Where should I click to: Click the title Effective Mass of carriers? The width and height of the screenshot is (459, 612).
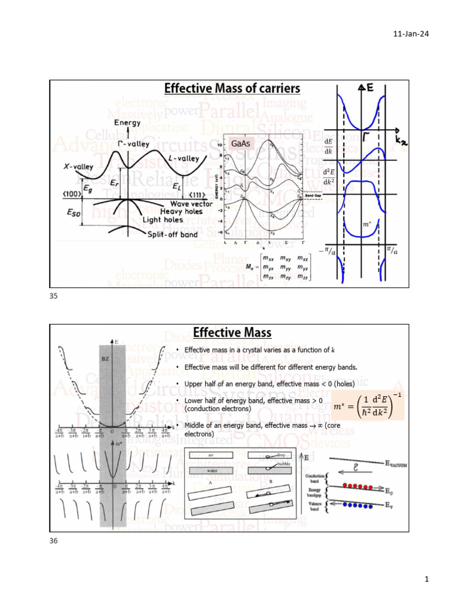(232, 89)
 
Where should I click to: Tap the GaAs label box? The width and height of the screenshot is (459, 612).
(240, 144)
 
